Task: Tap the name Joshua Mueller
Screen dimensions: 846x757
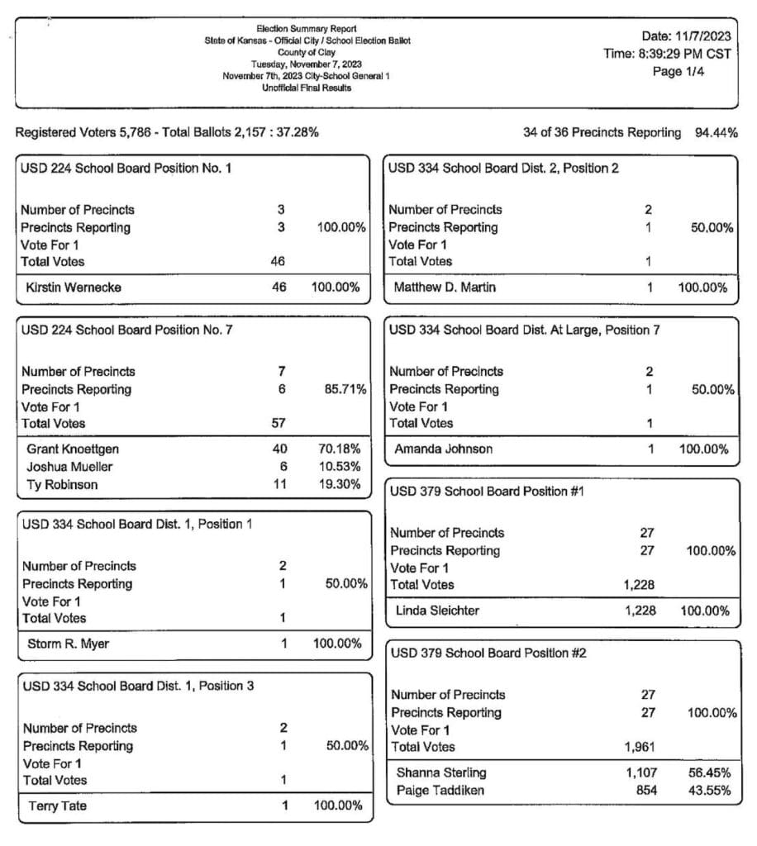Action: (70, 467)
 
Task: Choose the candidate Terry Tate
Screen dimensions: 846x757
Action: (59, 806)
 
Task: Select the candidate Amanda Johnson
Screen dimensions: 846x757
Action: (443, 449)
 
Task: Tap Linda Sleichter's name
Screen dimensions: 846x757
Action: (437, 611)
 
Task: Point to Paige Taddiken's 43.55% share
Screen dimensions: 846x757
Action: (712, 791)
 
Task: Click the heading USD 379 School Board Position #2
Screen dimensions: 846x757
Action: (488, 654)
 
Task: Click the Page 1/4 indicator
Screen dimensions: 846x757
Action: (678, 71)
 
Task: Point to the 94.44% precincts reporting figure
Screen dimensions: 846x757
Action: (717, 133)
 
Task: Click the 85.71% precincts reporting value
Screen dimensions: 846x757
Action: (345, 389)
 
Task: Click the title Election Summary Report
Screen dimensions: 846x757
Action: (307, 29)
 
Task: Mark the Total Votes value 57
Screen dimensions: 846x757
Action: (279, 423)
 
